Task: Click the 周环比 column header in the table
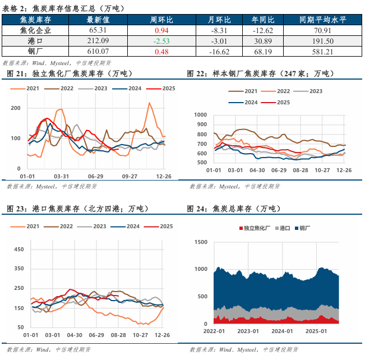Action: pyautogui.click(x=161, y=19)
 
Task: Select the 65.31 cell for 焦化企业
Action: pyautogui.click(x=97, y=30)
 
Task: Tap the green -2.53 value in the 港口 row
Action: pyautogui.click(x=161, y=40)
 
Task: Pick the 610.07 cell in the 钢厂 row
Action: pyautogui.click(x=97, y=51)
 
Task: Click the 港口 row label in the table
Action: pyautogui.click(x=35, y=40)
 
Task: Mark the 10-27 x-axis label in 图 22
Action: pyautogui.click(x=322, y=169)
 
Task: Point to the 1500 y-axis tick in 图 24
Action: pyautogui.click(x=200, y=242)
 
